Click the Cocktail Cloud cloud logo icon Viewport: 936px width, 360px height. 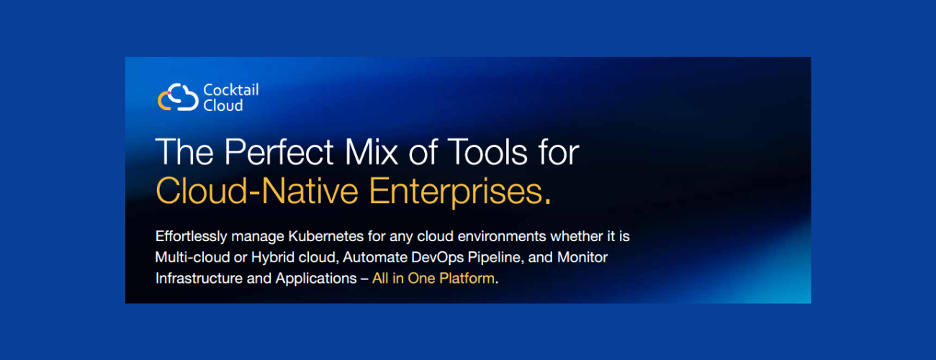tap(178, 97)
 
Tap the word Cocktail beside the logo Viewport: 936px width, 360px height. tap(230, 90)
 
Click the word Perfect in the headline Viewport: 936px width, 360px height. tap(279, 152)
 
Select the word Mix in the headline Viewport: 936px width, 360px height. tap(371, 152)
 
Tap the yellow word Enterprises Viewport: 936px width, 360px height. tap(456, 192)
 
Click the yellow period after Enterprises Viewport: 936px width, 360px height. tap(547, 202)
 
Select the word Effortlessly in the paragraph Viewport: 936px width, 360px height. tap(192, 236)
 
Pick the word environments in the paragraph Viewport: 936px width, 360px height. tap(502, 236)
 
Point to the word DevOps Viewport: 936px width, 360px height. tap(438, 258)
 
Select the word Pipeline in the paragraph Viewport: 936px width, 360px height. tap(496, 258)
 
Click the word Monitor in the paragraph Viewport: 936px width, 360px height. tap(582, 257)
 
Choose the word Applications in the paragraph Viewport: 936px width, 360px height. tap(316, 279)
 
